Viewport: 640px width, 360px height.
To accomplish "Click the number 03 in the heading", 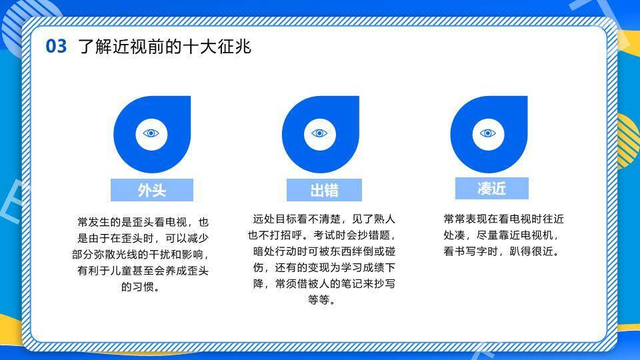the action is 56,46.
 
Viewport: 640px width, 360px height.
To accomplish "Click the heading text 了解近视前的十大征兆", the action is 165,46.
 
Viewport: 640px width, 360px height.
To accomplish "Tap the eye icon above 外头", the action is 151,133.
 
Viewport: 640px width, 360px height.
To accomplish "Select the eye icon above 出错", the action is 319,133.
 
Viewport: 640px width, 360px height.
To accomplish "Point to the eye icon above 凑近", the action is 488,133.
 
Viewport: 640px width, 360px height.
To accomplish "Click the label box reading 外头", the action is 152,190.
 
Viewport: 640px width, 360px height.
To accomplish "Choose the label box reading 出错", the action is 324,190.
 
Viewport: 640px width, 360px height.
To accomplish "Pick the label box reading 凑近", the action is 492,189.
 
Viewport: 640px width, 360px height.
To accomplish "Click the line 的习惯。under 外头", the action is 141,287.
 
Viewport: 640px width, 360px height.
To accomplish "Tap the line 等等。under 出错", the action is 322,300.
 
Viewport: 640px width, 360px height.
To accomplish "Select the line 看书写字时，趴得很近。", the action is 501,251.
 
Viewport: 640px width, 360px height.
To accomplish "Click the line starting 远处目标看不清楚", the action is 324,219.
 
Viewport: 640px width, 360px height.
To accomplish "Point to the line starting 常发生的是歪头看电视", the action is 143,222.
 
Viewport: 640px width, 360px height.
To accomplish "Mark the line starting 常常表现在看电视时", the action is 504,219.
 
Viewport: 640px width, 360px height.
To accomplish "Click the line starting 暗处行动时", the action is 324,251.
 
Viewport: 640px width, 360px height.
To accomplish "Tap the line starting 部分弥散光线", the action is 141,254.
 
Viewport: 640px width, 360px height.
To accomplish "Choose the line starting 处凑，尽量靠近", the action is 501,235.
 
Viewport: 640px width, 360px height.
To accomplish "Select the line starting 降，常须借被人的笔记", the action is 324,284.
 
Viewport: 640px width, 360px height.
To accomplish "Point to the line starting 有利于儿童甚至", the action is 143,271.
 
